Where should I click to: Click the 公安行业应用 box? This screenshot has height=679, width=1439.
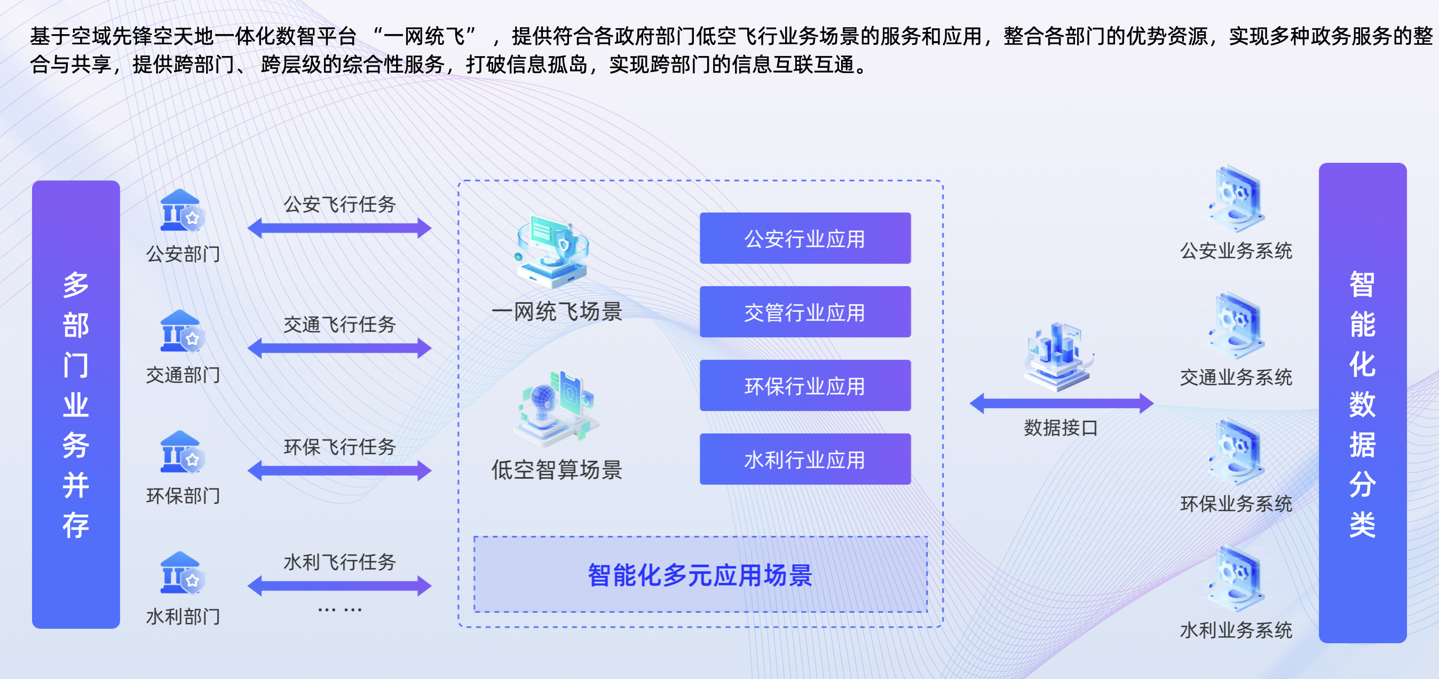(805, 238)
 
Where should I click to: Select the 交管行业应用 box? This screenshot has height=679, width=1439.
(805, 312)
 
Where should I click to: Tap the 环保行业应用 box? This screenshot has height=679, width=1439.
(805, 385)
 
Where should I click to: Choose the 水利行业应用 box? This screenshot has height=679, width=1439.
(805, 460)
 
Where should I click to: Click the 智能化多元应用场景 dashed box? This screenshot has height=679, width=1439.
(700, 574)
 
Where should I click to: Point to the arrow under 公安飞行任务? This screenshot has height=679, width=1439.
(339, 228)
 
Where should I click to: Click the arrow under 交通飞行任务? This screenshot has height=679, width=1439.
(339, 348)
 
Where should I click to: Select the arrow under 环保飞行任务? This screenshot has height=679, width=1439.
(339, 471)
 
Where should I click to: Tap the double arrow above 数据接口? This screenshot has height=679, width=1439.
(1062, 403)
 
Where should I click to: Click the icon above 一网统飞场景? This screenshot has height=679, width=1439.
(552, 251)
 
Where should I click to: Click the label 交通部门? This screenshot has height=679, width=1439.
(183, 375)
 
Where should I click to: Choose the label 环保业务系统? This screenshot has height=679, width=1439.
(1236, 503)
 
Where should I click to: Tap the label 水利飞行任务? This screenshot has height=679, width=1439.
(339, 562)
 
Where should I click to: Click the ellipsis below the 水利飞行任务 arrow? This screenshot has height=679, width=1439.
(339, 610)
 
